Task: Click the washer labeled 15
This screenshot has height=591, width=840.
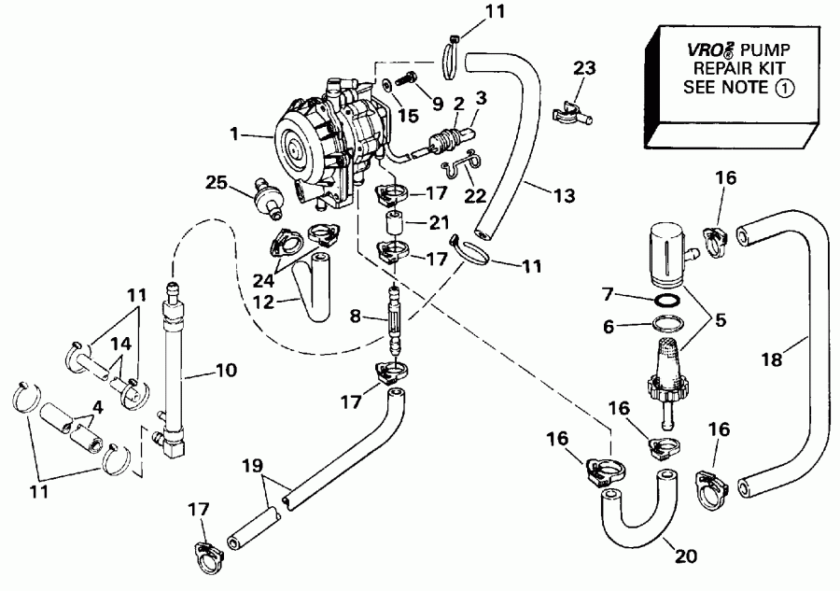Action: pos(385,85)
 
